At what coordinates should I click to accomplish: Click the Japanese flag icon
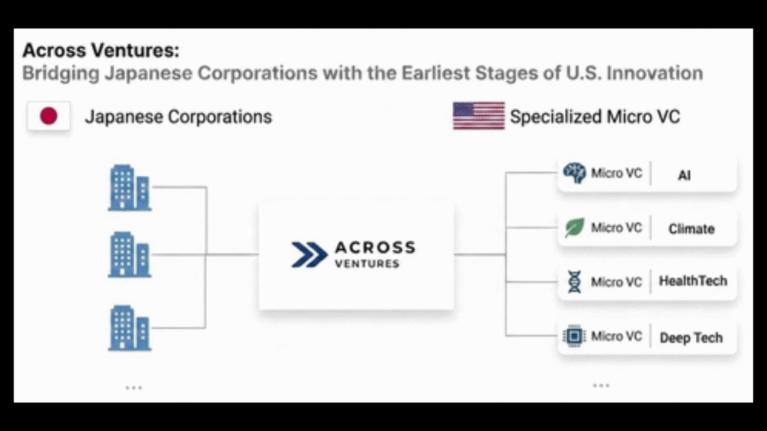coord(49,117)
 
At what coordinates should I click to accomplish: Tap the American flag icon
coord(478,116)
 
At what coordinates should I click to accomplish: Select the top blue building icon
coord(129,187)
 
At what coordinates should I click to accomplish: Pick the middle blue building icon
coord(129,254)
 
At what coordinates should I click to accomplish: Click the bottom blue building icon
coord(129,328)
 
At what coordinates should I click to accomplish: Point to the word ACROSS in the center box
coord(374,248)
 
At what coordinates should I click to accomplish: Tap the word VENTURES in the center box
coord(367,264)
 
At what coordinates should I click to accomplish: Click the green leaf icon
coord(575,227)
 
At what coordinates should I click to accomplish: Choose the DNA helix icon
coord(575,282)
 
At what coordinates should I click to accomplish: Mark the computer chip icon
coord(575,337)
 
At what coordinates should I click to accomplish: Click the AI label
coord(684,175)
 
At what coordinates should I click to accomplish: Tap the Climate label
coord(691,229)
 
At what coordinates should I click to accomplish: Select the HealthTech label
coord(693,281)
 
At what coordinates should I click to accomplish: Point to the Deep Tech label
coord(691,337)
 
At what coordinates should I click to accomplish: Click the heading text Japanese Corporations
coord(178,117)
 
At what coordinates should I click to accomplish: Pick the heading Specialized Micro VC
coord(595,117)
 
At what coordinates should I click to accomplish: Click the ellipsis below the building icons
coord(133,388)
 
